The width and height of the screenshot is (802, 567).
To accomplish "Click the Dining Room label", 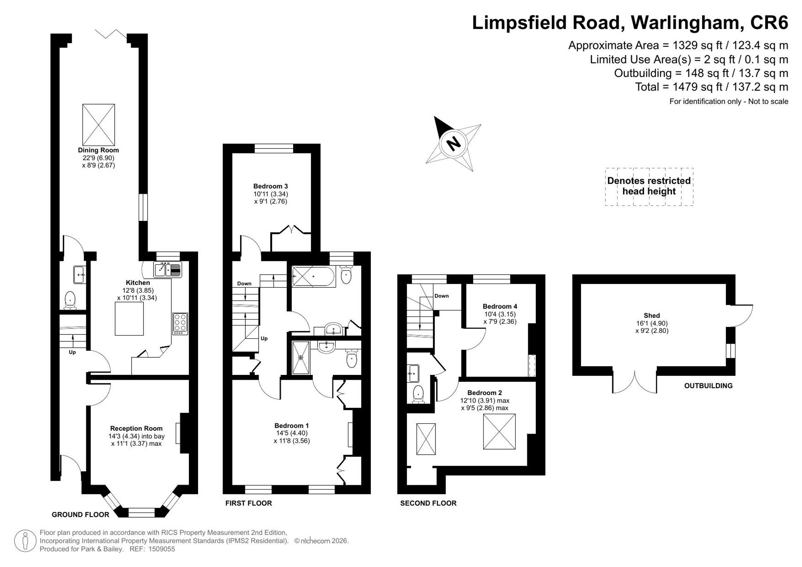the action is (98, 150).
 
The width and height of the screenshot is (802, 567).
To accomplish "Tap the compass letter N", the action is (454, 144).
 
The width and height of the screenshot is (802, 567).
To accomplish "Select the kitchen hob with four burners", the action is (180, 324).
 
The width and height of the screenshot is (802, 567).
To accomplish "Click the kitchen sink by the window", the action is (168, 269).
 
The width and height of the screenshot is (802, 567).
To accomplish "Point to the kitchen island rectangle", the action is (129, 319).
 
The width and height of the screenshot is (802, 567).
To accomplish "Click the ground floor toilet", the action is (71, 300).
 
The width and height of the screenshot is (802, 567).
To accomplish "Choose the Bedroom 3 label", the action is (271, 186).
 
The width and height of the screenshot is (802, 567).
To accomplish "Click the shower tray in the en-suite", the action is (301, 357).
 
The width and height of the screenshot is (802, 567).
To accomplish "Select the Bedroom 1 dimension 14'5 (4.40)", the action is (292, 433).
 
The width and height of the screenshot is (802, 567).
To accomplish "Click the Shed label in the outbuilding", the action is (652, 316).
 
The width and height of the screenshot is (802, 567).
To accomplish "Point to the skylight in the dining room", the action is (99, 125).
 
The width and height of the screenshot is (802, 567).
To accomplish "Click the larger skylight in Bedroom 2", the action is (499, 431).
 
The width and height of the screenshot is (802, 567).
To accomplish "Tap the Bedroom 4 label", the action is (500, 306).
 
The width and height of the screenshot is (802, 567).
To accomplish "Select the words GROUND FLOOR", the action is (81, 514).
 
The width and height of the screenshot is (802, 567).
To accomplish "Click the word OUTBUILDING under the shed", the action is (708, 386).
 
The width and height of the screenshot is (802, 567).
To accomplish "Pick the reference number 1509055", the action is (162, 549).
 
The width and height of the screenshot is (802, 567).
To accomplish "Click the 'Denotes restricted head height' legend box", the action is (649, 187).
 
